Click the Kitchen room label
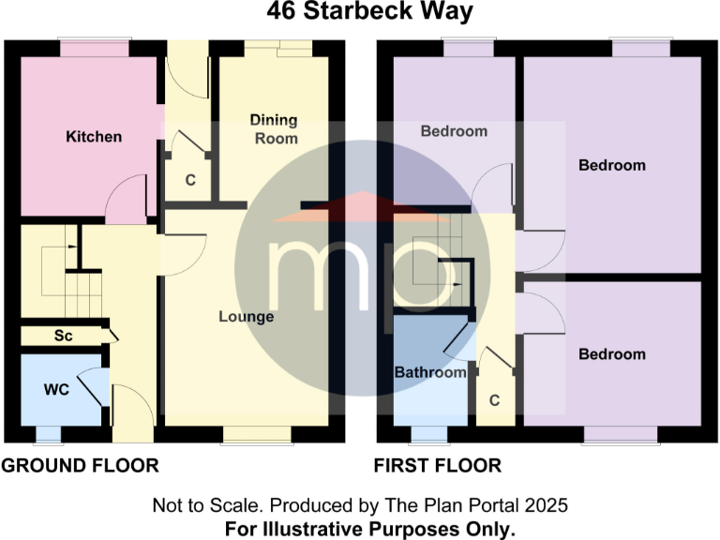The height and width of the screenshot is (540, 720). (94, 137)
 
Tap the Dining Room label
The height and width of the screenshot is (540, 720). (274, 129)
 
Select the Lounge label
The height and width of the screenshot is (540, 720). (247, 317)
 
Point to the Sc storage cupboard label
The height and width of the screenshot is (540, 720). (64, 335)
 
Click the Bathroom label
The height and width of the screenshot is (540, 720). (430, 372)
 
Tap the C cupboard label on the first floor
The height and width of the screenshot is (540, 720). (495, 400)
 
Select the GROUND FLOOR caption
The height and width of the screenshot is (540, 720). (80, 466)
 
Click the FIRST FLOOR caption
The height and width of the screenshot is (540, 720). (438, 466)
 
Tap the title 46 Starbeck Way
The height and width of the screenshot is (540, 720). (359, 12)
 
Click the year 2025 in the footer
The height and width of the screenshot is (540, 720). (547, 506)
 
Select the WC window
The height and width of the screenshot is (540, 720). (47, 434)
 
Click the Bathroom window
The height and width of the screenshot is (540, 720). (429, 434)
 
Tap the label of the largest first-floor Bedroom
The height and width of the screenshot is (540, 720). (612, 166)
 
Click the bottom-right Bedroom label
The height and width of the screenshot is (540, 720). (612, 354)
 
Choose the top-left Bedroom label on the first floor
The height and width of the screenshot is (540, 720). (454, 131)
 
